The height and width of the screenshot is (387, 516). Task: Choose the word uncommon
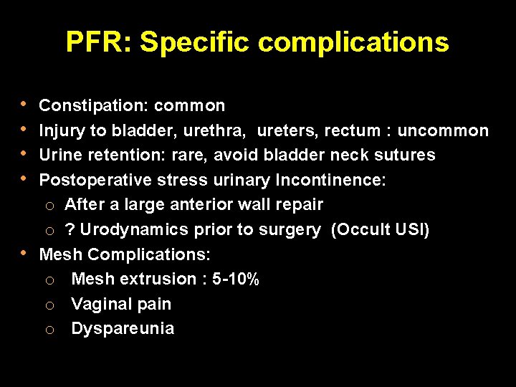[443, 130]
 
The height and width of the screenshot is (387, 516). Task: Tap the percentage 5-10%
[236, 279]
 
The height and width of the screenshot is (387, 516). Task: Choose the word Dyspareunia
[123, 328]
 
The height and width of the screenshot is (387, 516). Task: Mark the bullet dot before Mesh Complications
[26, 252]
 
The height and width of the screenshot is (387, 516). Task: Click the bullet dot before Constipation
[26, 104]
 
